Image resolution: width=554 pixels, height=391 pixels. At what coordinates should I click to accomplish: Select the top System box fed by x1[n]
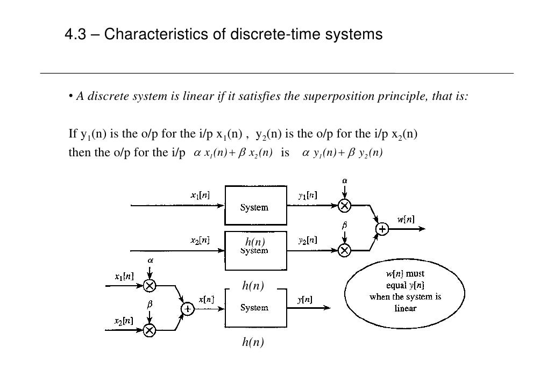tap(254, 206)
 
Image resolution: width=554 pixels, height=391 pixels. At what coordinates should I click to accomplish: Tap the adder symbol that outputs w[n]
tap(382, 229)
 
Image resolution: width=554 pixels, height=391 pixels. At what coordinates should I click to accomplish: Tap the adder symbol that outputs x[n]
tap(187, 309)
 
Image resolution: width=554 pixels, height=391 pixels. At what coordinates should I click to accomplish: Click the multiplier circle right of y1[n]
tap(344, 206)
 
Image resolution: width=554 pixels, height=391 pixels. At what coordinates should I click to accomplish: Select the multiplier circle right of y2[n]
tap(344, 250)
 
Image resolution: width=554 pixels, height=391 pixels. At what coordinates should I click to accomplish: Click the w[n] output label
tap(406, 219)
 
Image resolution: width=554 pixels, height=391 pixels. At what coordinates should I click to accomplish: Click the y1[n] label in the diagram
tap(308, 196)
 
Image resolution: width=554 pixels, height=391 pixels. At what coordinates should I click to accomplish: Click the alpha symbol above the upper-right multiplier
tap(344, 181)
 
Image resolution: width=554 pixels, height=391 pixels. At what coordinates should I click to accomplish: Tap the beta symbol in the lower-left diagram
tap(150, 304)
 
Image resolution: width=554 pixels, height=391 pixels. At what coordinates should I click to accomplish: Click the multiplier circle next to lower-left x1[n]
tap(150, 285)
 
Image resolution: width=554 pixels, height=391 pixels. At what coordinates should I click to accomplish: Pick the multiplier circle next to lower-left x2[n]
tap(150, 330)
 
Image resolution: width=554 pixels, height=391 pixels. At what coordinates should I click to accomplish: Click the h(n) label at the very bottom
tap(253, 342)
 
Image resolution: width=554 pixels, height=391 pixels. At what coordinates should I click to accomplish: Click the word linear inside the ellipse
tap(405, 308)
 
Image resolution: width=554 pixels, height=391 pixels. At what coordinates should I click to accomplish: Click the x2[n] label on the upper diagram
tap(200, 241)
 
